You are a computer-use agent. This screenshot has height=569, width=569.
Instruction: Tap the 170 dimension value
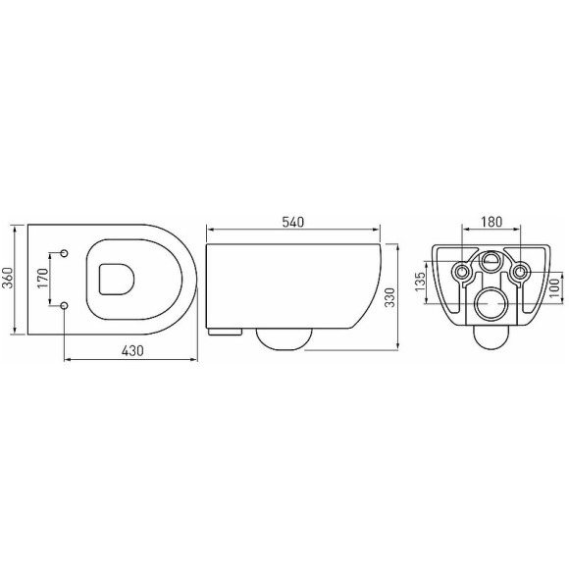click(43, 278)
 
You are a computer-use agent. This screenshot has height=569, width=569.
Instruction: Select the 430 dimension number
click(132, 351)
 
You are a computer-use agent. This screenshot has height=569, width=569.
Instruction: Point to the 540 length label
click(293, 222)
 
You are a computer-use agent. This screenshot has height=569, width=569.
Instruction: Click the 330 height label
click(389, 297)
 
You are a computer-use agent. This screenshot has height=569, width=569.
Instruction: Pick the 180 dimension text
click(491, 222)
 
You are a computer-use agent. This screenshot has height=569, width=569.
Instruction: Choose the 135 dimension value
click(420, 282)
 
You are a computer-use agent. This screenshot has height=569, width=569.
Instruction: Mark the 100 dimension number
click(555, 287)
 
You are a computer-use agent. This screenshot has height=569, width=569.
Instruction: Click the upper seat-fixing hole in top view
click(64, 253)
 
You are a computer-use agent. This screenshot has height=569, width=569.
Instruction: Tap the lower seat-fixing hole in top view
click(64, 306)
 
